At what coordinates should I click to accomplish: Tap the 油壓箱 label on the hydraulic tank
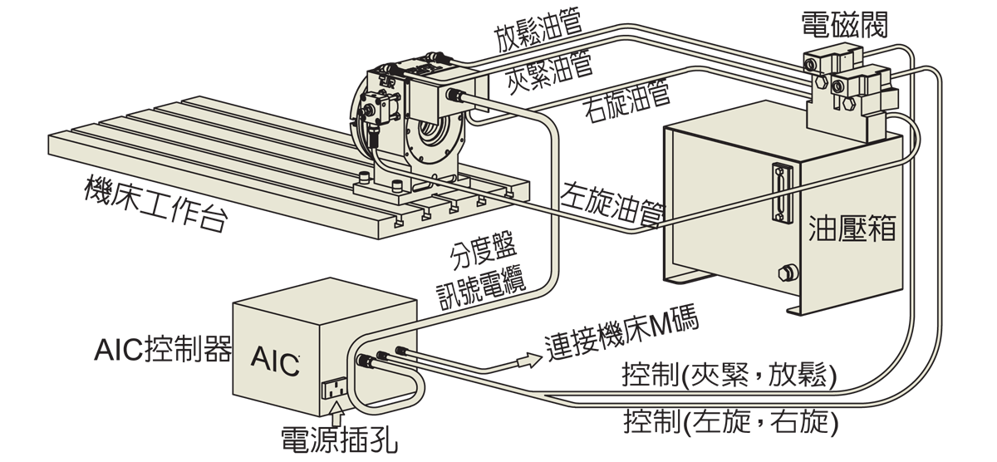(852, 229)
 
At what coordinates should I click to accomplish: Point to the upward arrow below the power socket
(336, 414)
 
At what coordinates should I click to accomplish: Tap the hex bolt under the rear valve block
(819, 83)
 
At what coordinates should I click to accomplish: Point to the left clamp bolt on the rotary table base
(364, 177)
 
